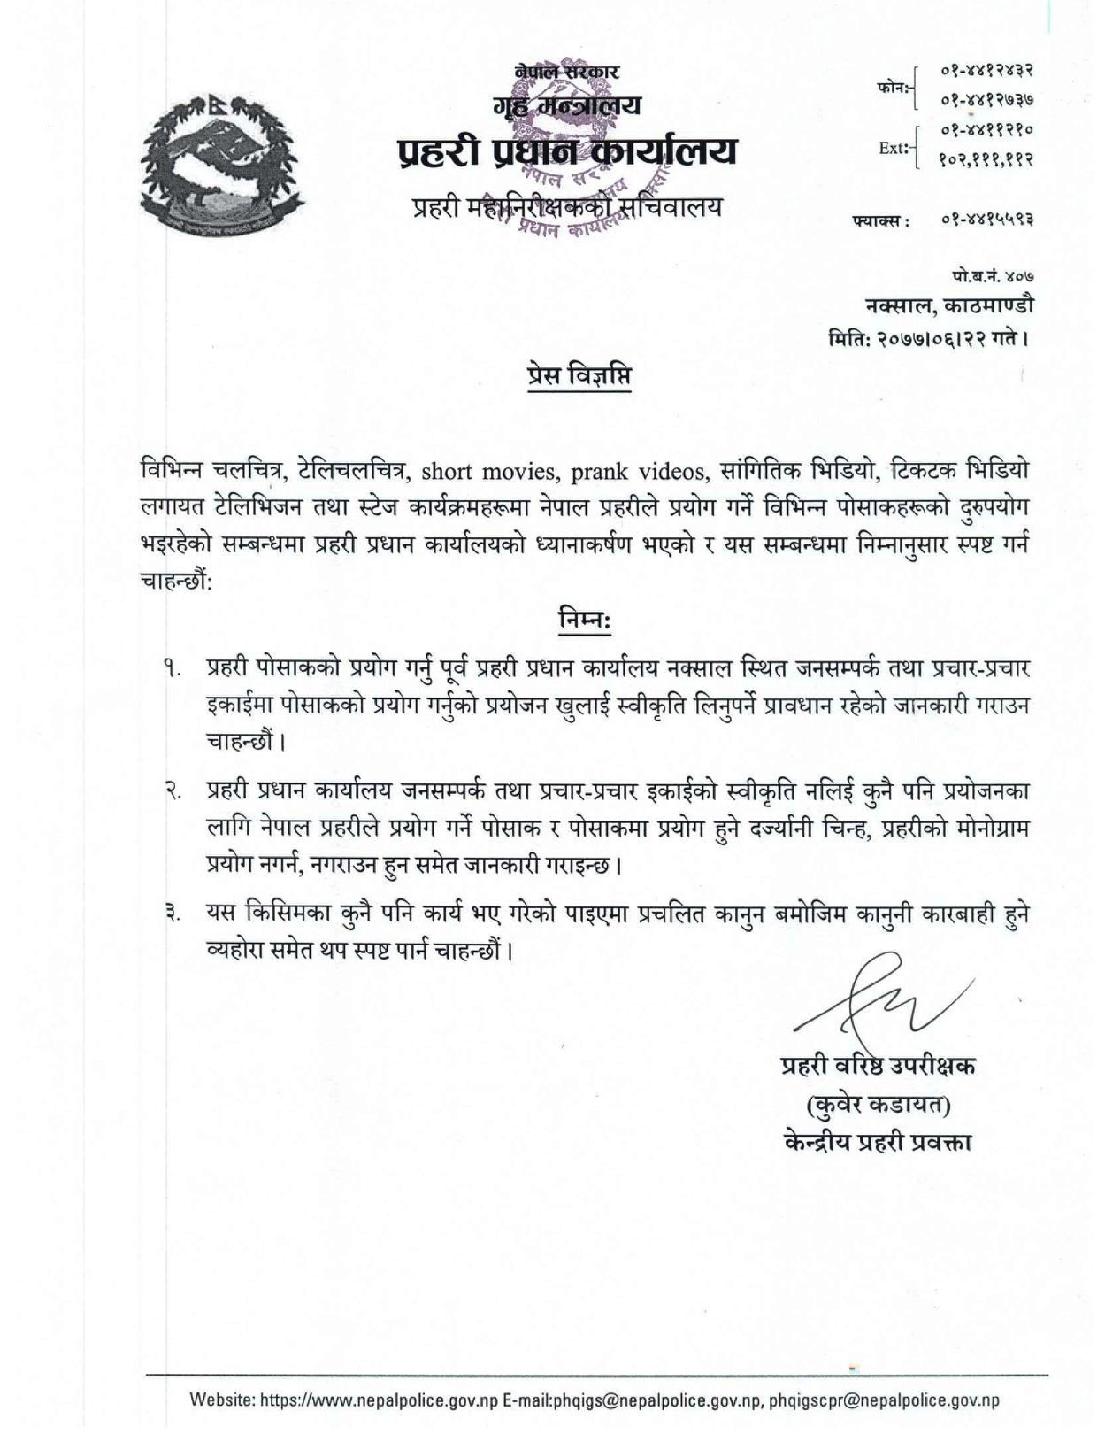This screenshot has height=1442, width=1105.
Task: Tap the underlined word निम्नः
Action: pyautogui.click(x=584, y=620)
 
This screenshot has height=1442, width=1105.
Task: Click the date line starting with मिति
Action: pyautogui.click(x=929, y=337)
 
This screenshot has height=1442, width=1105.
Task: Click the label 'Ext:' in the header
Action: pyautogui.click(x=894, y=149)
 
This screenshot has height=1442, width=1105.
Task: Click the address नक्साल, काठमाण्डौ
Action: pyautogui.click(x=948, y=305)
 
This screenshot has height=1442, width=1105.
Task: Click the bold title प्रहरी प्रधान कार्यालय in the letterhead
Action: pyautogui.click(x=566, y=153)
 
